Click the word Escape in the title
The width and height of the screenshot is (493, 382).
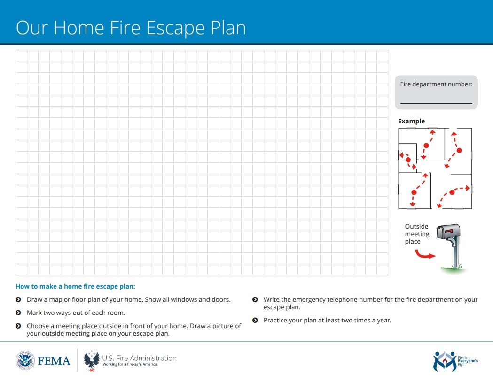[173, 28]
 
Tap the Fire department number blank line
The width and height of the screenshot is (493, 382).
[436, 103]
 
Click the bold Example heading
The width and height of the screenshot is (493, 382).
[411, 121]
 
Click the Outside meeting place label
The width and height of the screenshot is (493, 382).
[417, 234]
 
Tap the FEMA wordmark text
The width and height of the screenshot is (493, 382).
[54, 361]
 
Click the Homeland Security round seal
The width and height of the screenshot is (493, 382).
[25, 360]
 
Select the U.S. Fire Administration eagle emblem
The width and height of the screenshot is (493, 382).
[91, 360]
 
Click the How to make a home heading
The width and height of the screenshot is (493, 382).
[75, 286]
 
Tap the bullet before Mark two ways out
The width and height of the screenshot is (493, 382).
[18, 313]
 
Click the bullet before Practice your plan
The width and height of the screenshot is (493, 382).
[255, 320]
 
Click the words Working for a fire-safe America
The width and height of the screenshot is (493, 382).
[130, 365]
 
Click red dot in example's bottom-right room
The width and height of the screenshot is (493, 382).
[452, 192]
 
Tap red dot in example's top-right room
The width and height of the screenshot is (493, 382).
[459, 151]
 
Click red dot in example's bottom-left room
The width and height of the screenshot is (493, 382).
[414, 192]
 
